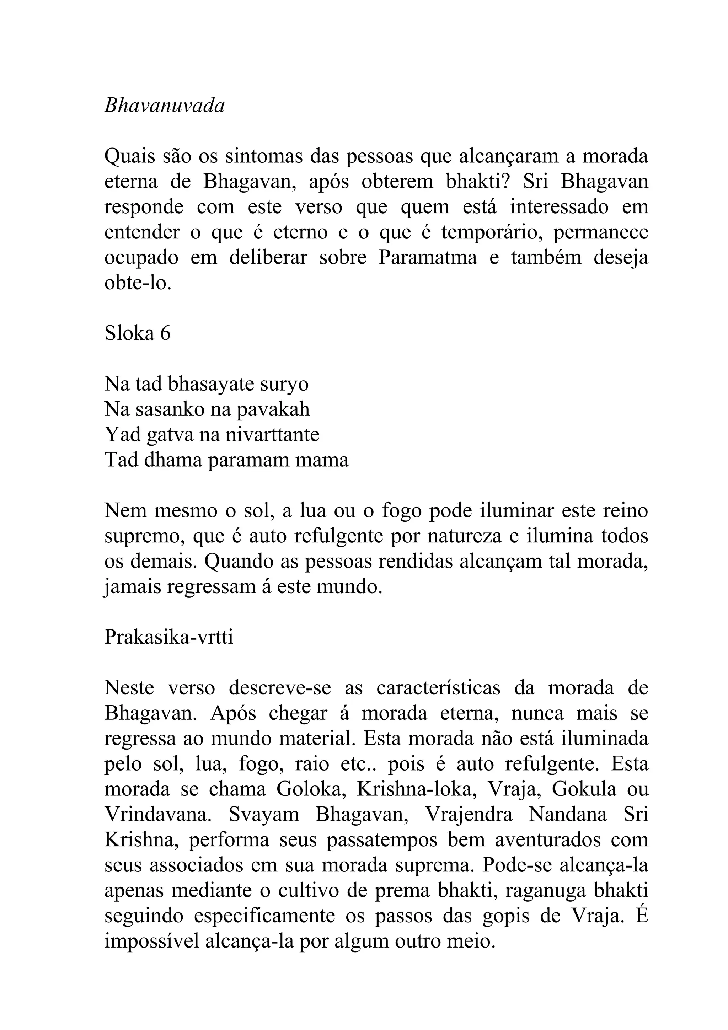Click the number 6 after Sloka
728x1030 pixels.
[165, 334]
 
